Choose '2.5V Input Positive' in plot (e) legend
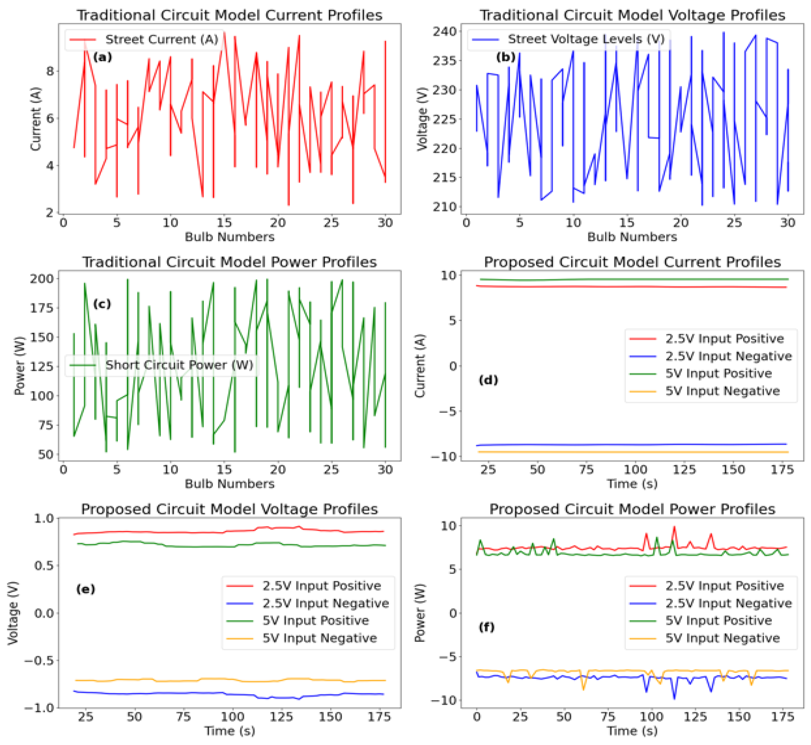[321, 586]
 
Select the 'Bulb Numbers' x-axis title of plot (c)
[230, 484]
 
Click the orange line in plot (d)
[632, 452]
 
